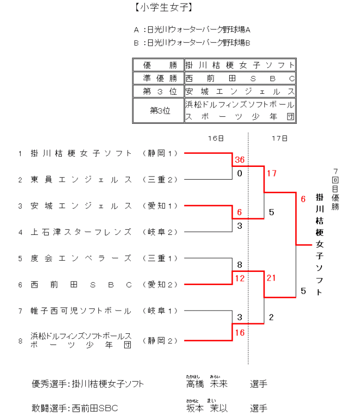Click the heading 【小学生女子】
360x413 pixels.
(158, 8)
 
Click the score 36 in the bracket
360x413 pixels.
(239, 160)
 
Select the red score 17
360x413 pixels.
(271, 174)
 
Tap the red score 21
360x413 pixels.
(271, 278)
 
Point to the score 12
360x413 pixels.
(239, 278)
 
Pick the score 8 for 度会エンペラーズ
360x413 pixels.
(239, 264)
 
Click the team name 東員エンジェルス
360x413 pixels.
(81, 180)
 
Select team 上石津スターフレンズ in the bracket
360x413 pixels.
(81, 232)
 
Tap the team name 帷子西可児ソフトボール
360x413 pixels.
(81, 311)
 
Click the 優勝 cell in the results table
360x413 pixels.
(158, 65)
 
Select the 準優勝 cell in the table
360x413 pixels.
(158, 79)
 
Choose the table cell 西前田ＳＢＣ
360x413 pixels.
(240, 79)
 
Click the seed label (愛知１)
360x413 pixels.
(160, 206)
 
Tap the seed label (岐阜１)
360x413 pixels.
(160, 311)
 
